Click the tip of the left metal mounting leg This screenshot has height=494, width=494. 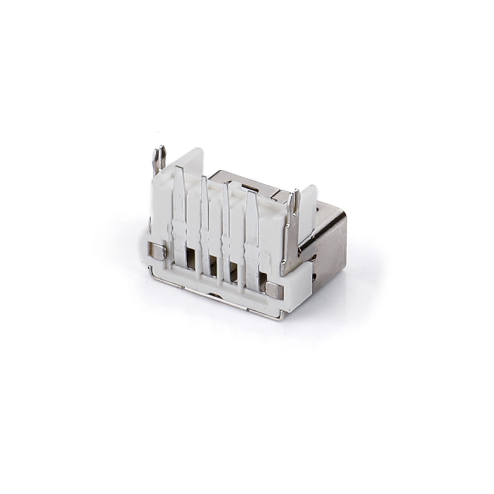159,150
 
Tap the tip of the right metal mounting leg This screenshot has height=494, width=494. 295,193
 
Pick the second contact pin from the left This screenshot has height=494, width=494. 204,212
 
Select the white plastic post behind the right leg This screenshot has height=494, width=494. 307,207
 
